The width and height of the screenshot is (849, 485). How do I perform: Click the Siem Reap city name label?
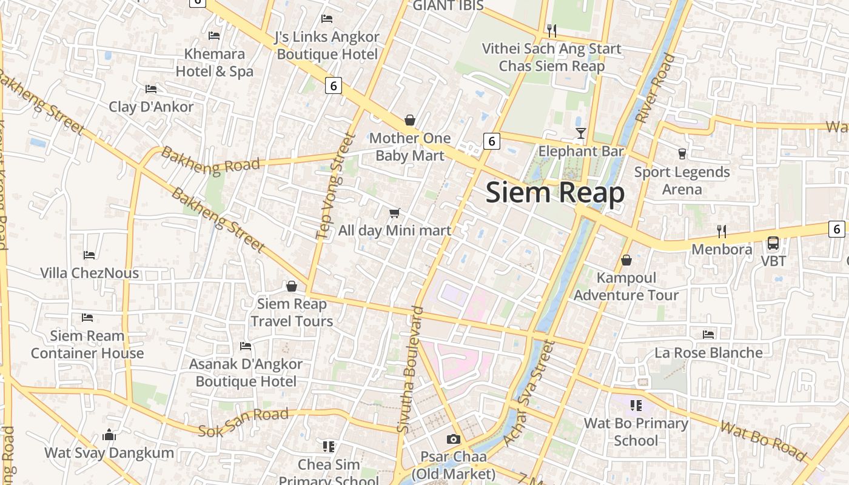click(x=555, y=193)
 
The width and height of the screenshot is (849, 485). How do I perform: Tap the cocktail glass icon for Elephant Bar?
click(x=581, y=133)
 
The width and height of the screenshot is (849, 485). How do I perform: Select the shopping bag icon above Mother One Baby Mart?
click(x=410, y=120)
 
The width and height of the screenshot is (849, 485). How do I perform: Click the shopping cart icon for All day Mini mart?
click(x=395, y=213)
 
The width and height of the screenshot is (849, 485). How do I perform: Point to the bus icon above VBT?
click(x=773, y=243)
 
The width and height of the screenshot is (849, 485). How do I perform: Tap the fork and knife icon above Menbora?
click(x=722, y=231)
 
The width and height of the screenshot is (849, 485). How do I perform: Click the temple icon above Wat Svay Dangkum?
click(x=109, y=435)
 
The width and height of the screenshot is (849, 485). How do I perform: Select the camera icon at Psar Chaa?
click(x=454, y=439)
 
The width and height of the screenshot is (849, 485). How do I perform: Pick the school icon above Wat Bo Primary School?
click(x=636, y=405)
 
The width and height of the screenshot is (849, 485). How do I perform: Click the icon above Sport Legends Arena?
click(x=682, y=154)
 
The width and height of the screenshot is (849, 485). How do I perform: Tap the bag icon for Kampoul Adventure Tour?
click(x=626, y=260)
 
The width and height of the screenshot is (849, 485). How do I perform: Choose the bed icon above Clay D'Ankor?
click(x=151, y=89)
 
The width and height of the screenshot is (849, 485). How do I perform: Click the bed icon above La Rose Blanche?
click(x=708, y=335)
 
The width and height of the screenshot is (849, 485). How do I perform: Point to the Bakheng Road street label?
click(x=210, y=162)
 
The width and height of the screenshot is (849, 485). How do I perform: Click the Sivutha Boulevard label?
click(x=411, y=370)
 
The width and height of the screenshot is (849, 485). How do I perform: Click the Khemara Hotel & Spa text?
click(x=215, y=62)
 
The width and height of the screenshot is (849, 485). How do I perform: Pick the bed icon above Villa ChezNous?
click(x=89, y=255)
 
